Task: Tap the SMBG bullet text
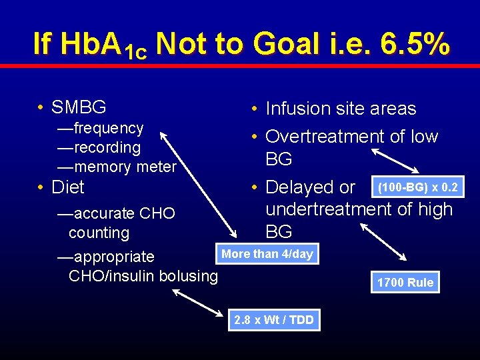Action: click(79, 107)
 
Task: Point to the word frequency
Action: click(109, 128)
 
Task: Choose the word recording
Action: click(107, 147)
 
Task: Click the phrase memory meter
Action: click(125, 167)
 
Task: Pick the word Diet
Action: click(68, 187)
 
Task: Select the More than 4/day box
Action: click(267, 254)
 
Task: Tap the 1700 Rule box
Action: click(405, 282)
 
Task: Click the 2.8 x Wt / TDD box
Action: click(273, 320)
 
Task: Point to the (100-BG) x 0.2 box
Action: click(417, 187)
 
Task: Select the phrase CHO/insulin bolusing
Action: click(143, 276)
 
